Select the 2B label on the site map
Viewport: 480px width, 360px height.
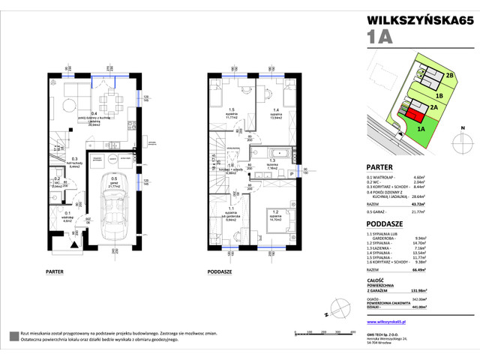(x=449, y=76)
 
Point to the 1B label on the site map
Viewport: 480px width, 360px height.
(x=441, y=97)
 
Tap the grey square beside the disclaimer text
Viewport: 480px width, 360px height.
(x=13, y=334)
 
